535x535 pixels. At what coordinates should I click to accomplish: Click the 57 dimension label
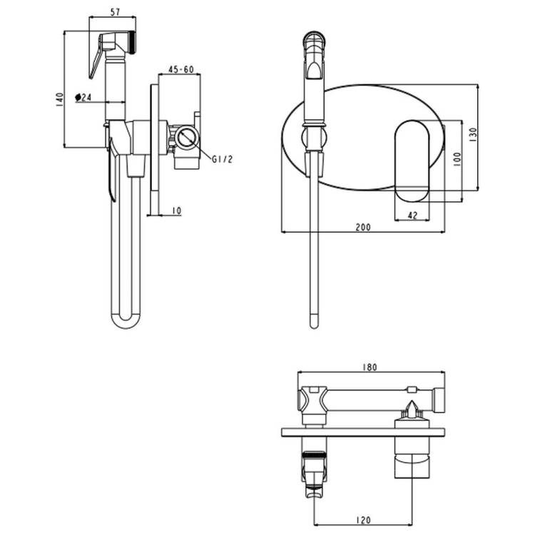coord(116,12)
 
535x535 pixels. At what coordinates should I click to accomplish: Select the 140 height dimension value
coord(59,99)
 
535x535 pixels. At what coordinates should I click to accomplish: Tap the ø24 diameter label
coord(83,97)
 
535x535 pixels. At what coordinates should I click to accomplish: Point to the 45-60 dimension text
coord(181,70)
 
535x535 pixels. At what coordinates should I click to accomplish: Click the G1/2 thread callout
coord(222,159)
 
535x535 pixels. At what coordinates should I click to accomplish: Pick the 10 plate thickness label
coord(176,211)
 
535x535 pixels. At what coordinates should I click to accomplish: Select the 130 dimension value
coord(473,135)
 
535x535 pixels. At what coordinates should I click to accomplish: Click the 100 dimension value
coord(457,160)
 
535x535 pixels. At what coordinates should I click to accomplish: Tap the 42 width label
coord(412,215)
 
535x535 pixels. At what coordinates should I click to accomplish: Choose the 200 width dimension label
coord(363,228)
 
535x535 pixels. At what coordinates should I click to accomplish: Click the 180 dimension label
coord(370,367)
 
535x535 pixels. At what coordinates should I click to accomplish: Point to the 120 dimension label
coord(363,520)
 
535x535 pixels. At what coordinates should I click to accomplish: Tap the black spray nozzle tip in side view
coord(133,42)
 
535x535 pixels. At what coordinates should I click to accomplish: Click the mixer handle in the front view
coord(412,161)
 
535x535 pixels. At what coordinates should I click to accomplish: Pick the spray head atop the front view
coord(315,56)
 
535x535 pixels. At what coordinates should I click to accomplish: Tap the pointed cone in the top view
coord(412,409)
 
